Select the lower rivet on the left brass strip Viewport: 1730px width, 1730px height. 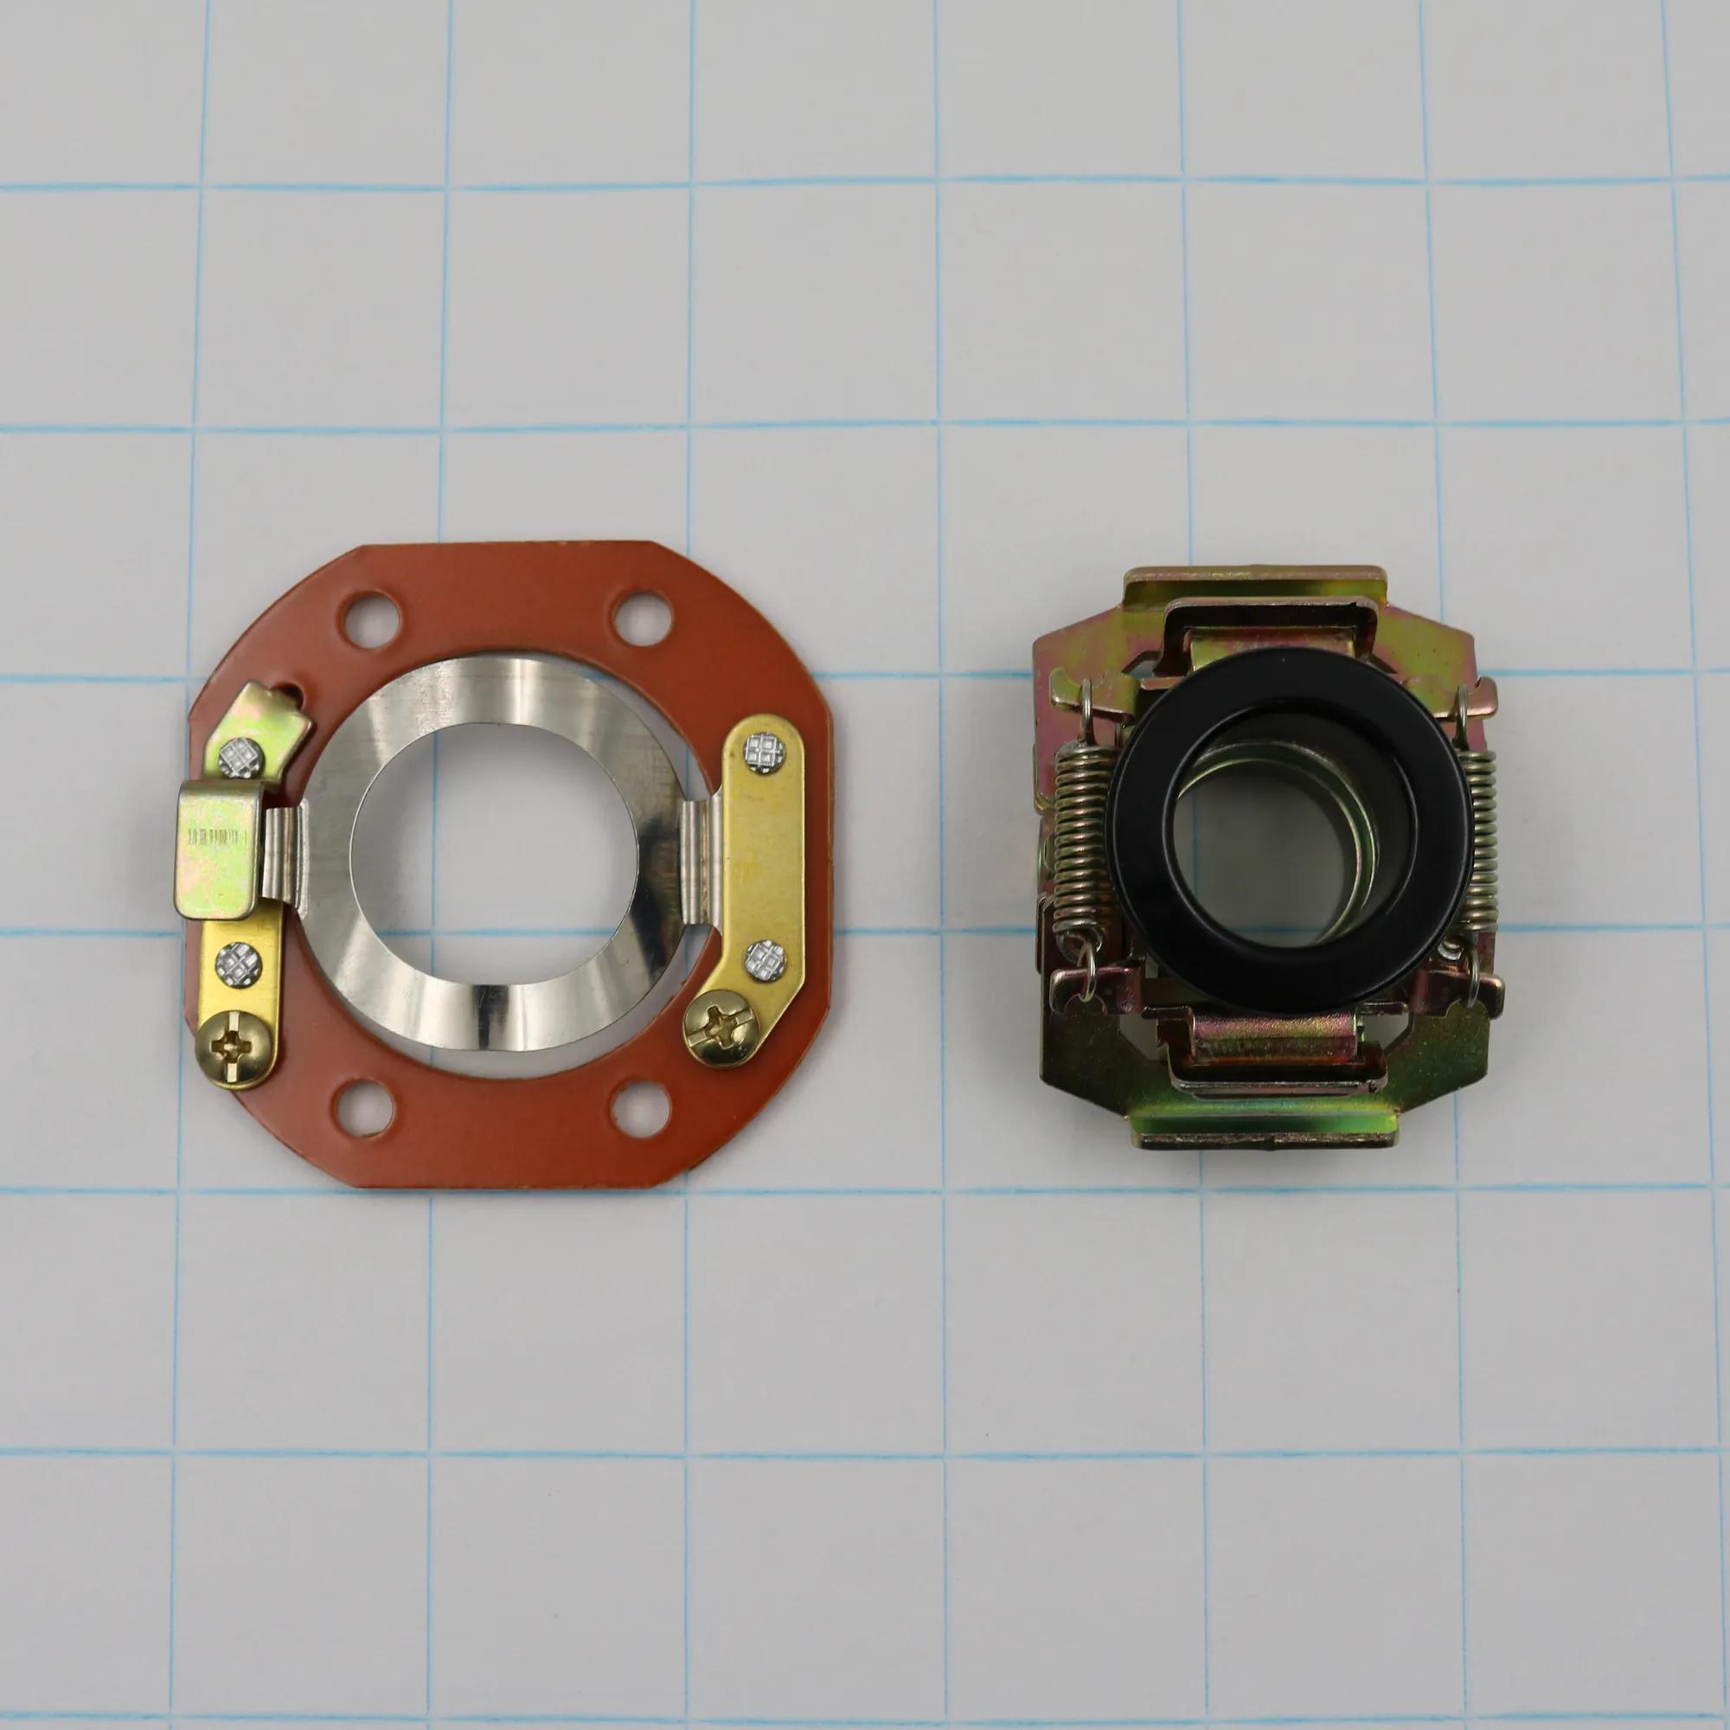240,963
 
